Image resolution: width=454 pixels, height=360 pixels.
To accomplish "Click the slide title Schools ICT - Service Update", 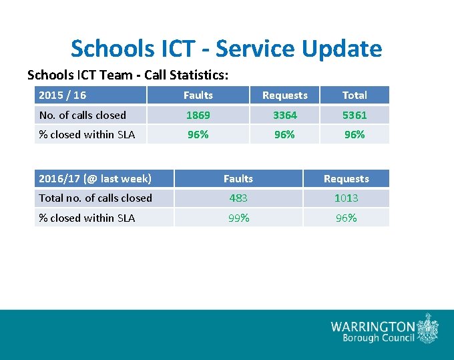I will click(226, 49).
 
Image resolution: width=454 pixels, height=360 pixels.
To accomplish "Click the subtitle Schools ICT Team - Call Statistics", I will click(132, 75).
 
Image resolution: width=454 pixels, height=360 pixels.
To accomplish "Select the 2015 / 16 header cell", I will click(62, 95).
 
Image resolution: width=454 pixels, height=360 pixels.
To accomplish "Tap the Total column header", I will click(354, 95).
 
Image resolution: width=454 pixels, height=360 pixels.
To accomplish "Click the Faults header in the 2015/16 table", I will click(198, 95).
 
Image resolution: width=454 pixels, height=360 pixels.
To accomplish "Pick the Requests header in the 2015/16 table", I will click(284, 95).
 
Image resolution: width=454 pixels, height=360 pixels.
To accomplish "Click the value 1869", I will click(198, 115).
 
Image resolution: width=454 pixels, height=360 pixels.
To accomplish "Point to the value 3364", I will click(284, 115).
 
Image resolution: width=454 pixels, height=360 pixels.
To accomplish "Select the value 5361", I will click(354, 115).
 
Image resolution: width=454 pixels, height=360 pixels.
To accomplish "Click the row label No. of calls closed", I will click(82, 115).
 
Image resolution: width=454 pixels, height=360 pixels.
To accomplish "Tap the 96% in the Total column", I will click(354, 134).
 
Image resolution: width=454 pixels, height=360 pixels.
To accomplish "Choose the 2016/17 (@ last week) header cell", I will click(95, 178).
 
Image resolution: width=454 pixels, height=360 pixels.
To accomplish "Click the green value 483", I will click(238, 198).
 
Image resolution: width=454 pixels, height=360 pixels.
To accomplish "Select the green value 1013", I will click(346, 198).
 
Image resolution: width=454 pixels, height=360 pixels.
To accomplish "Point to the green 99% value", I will click(238, 218).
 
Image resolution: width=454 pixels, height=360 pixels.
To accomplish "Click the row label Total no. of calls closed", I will click(95, 198).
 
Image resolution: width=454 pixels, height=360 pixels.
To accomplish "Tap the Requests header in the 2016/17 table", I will click(346, 178).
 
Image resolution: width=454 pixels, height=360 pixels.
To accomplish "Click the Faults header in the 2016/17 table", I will click(238, 178).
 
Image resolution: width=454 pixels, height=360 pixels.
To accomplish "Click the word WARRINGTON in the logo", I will click(373, 327).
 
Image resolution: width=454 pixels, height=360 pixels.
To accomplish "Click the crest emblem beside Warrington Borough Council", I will click(428, 329).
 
